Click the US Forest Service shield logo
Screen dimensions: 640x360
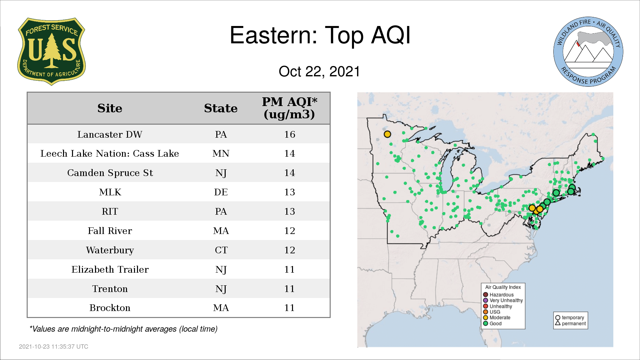coord(51,52)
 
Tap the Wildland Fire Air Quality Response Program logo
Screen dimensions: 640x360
coord(588,52)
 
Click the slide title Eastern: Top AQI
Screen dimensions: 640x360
coord(320,35)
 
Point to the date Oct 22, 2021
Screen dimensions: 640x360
coord(319,72)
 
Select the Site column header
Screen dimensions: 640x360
coord(110,108)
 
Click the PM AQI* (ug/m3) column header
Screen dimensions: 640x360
coord(289,108)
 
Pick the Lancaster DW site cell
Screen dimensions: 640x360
coord(110,134)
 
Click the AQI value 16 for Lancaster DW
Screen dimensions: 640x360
coord(290,134)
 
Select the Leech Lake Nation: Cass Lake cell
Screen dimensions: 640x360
coord(110,154)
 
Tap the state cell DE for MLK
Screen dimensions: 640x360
coord(221,192)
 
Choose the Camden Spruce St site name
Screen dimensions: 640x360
coord(110,173)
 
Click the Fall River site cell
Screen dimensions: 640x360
coord(110,231)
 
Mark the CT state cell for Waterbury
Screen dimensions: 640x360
coord(221,250)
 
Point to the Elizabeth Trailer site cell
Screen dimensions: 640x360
coord(110,270)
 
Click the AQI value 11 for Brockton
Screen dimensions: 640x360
coord(290,308)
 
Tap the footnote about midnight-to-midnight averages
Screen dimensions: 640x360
coord(123,329)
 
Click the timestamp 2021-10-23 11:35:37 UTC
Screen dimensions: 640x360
coord(54,347)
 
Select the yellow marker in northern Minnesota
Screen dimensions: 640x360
coord(387,134)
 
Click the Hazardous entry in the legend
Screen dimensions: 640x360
coord(498,295)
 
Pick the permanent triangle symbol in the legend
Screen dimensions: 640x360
coord(558,323)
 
